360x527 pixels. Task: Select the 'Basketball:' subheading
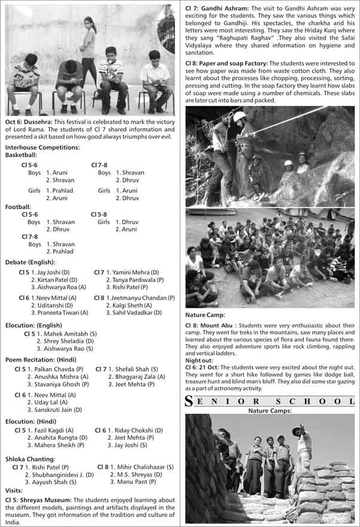[x=21, y=155]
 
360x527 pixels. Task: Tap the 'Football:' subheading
[x=19, y=207]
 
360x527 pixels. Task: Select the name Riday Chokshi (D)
[x=137, y=430]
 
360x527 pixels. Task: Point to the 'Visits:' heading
[x=14, y=491]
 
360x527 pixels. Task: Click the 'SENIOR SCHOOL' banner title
[x=272, y=402]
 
